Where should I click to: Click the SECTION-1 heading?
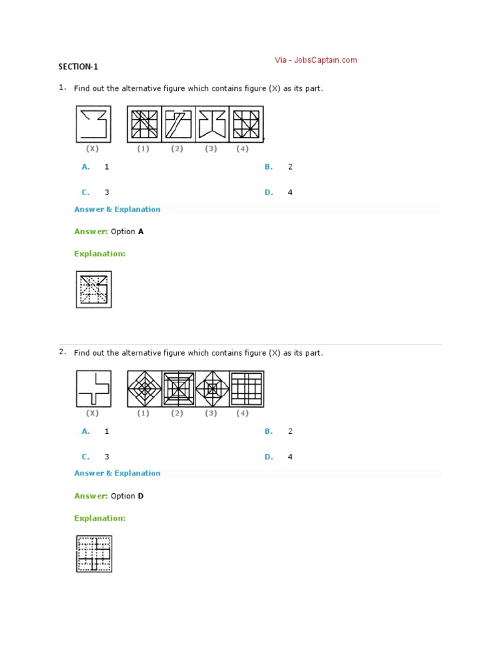point(78,67)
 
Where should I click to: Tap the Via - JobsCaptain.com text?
point(316,60)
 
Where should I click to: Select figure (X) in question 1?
point(93,124)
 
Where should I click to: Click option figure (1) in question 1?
point(144,124)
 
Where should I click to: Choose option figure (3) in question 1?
point(212,124)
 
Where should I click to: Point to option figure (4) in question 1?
point(247,124)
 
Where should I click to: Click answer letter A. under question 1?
point(85,167)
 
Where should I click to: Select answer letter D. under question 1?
point(269,192)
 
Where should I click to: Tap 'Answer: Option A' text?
point(109,232)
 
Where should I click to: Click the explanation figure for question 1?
point(94,290)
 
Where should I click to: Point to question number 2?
point(62,352)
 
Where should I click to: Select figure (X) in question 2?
point(93,389)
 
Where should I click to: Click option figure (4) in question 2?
point(247,389)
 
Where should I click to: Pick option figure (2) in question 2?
point(178,389)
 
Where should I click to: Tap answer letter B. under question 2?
point(269,431)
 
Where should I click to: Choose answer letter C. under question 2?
point(85,457)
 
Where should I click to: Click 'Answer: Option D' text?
point(109,496)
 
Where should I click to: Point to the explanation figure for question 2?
point(94,554)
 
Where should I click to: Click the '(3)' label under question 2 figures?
point(211,413)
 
